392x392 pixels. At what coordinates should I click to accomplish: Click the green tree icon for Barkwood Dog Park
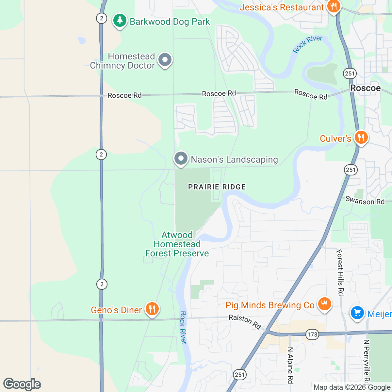[x=120, y=21]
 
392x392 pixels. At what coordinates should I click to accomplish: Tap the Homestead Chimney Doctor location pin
[x=165, y=60]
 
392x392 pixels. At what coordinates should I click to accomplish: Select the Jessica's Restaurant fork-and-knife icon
[x=333, y=7]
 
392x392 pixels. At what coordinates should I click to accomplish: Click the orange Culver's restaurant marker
[x=361, y=138]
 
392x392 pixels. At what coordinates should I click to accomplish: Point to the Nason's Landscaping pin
[x=181, y=159]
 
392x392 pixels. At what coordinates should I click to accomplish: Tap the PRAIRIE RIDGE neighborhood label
[x=217, y=187]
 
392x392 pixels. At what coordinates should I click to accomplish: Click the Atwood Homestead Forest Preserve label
[x=177, y=244]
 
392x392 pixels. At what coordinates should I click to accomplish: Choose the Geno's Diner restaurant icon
[x=152, y=309]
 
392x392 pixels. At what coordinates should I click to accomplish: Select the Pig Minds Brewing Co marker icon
[x=324, y=304]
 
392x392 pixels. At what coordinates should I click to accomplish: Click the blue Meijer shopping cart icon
[x=357, y=313]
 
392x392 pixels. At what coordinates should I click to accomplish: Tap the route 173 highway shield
[x=312, y=335]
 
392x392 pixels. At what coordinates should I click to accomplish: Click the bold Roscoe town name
[x=365, y=88]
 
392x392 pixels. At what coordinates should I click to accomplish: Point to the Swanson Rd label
[x=365, y=201]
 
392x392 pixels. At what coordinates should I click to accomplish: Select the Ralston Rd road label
[x=245, y=322]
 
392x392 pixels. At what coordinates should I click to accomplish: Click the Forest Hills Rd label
[x=340, y=272]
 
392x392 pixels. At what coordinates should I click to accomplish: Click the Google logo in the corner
[x=22, y=384]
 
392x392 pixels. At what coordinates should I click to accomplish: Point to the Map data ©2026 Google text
[x=352, y=387]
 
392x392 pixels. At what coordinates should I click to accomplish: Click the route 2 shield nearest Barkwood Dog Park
[x=102, y=18]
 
